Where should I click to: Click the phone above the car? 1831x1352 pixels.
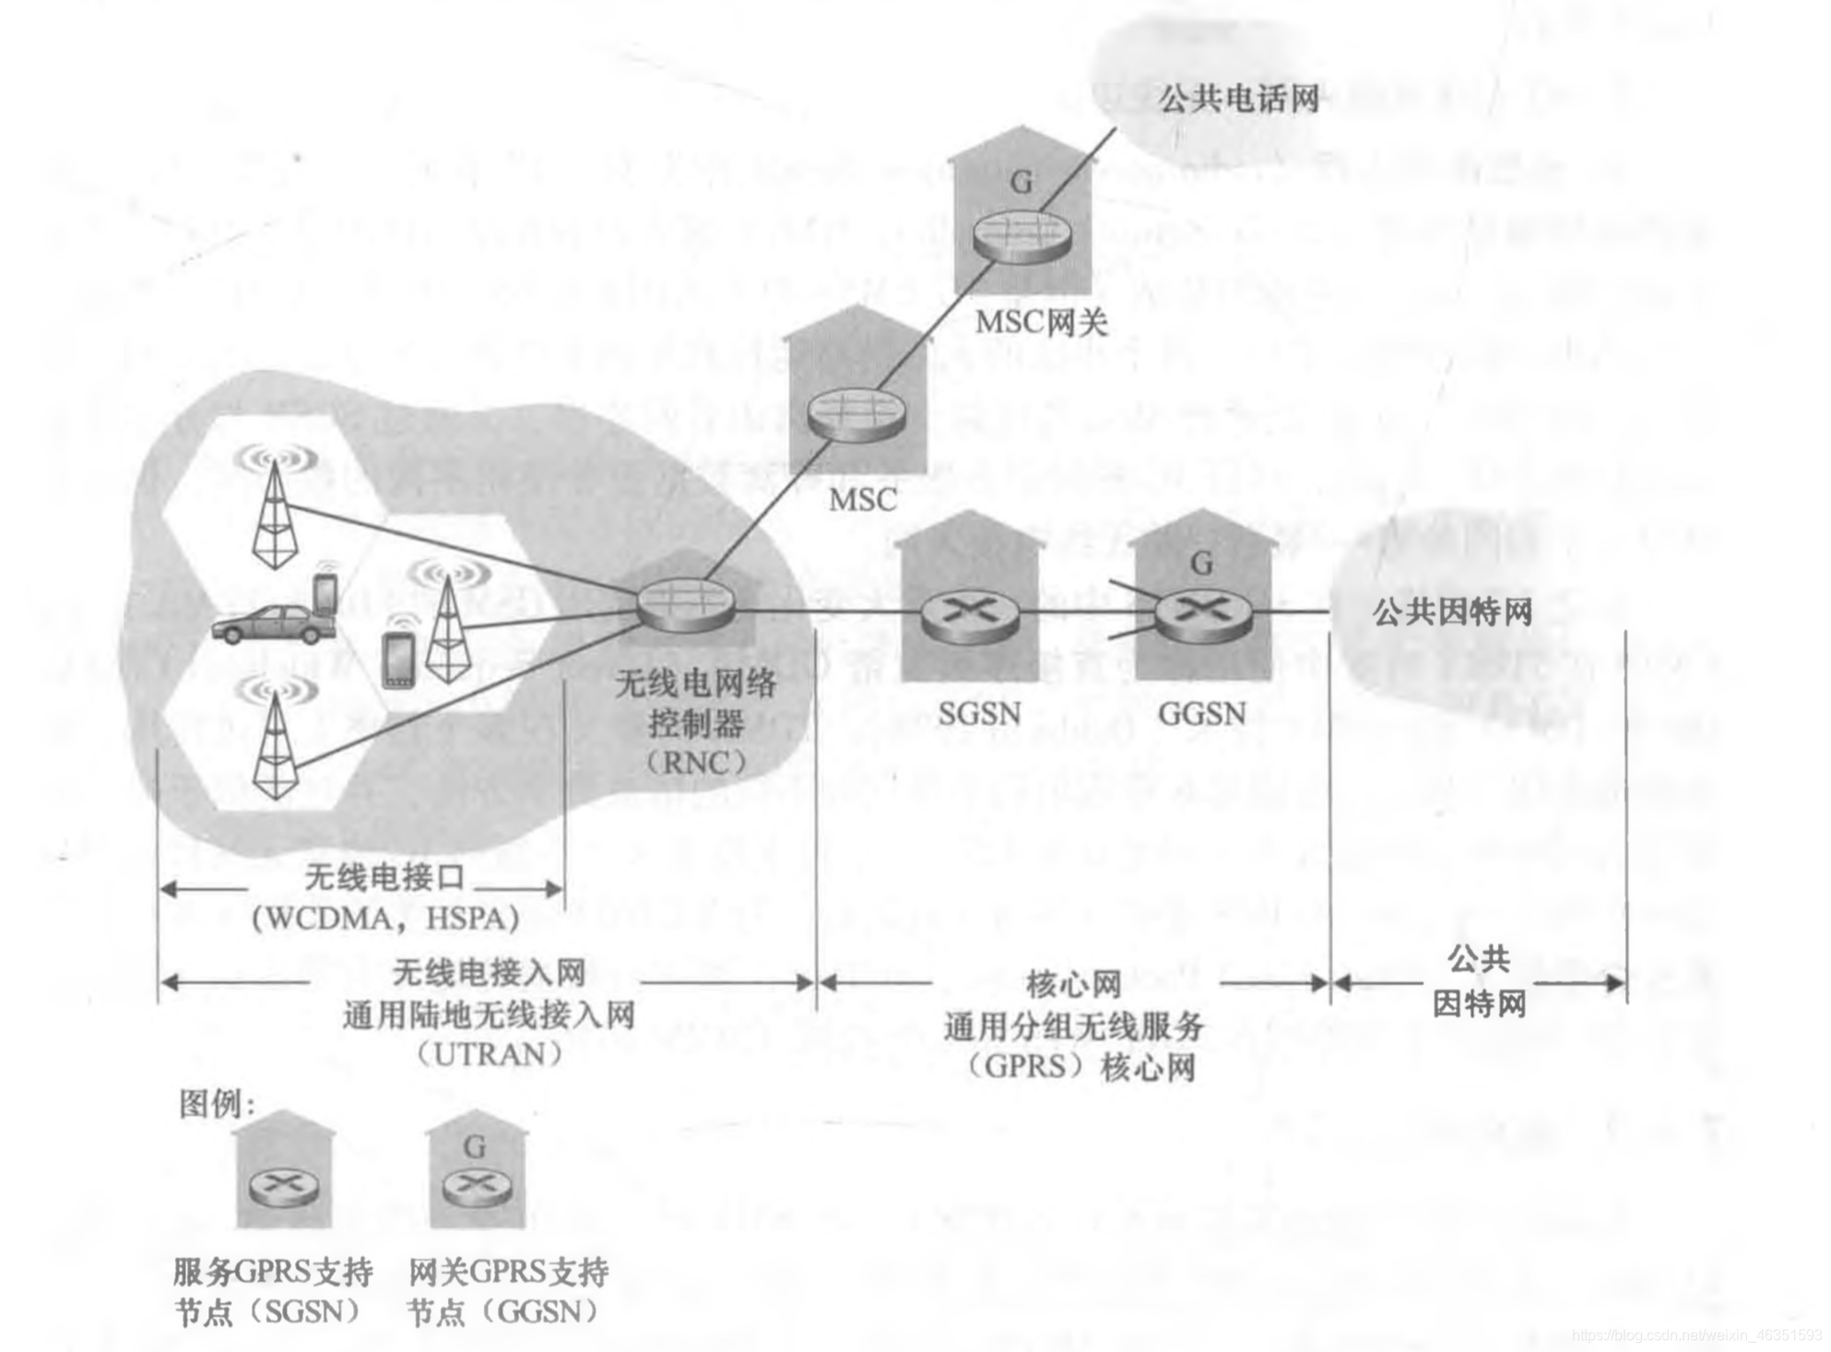pyautogui.click(x=325, y=592)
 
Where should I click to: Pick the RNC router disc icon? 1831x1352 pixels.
pyautogui.click(x=686, y=605)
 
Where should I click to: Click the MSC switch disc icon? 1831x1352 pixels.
pyautogui.click(x=856, y=414)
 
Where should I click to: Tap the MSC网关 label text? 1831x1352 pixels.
pyautogui.click(x=1041, y=323)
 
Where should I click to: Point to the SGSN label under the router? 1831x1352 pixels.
pyautogui.click(x=979, y=713)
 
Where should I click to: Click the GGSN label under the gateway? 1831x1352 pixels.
pyautogui.click(x=1202, y=713)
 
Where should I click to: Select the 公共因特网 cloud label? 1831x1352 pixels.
pyautogui.click(x=1452, y=611)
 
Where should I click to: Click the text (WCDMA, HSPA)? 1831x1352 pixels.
pyautogui.click(x=386, y=919)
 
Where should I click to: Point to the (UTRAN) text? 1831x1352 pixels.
pyautogui.click(x=490, y=1054)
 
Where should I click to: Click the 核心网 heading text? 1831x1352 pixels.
pyautogui.click(x=1073, y=984)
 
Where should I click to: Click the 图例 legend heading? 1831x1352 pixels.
pyautogui.click(x=216, y=1103)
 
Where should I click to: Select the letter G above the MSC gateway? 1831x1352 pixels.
pyautogui.click(x=1022, y=183)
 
